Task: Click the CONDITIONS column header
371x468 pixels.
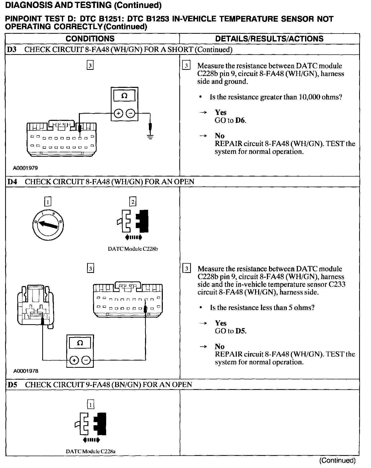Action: pos(90,39)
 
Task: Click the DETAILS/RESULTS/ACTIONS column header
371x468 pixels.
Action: pos(269,39)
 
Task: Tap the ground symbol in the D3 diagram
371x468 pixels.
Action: pos(150,136)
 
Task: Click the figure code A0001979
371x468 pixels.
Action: pos(26,168)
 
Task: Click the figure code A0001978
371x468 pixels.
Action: pos(26,371)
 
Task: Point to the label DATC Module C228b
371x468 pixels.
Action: pos(133,249)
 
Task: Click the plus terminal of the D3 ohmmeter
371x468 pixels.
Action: pos(118,113)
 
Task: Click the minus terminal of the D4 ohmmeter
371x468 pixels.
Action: pos(86,361)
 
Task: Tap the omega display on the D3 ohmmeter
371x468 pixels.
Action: pos(124,96)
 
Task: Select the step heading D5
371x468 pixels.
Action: pos(12,385)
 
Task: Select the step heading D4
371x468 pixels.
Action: pos(12,182)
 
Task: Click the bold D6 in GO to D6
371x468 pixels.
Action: pos(240,120)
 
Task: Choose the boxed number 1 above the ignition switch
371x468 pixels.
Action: pos(48,202)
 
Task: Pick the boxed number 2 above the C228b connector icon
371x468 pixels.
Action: pos(133,202)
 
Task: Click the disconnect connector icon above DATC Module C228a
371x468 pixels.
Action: pos(91,427)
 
